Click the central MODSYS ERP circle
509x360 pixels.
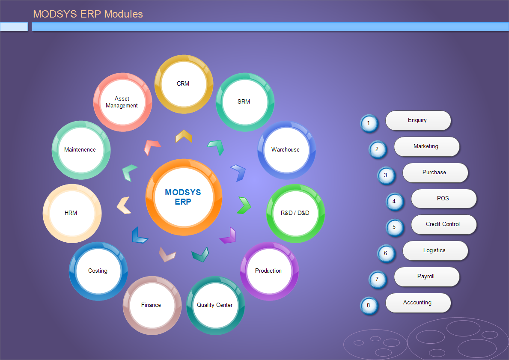[184, 197]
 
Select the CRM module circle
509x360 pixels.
[184, 84]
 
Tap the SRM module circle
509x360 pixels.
[245, 102]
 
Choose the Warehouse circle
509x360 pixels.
[287, 150]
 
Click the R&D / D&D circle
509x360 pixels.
[295, 213]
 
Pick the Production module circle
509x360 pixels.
[269, 271]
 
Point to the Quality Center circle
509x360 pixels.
[216, 306]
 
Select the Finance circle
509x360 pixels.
[152, 306]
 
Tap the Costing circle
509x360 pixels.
[98, 271]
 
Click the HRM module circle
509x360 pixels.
[72, 213]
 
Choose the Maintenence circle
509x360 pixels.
[81, 150]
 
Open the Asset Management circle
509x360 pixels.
[123, 102]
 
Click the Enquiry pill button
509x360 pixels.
[418, 120]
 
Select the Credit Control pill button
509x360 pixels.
[444, 224]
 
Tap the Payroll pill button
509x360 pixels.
[426, 277]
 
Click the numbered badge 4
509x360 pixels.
[394, 202]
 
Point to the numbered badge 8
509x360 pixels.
[369, 306]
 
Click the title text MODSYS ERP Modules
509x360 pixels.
[88, 14]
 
